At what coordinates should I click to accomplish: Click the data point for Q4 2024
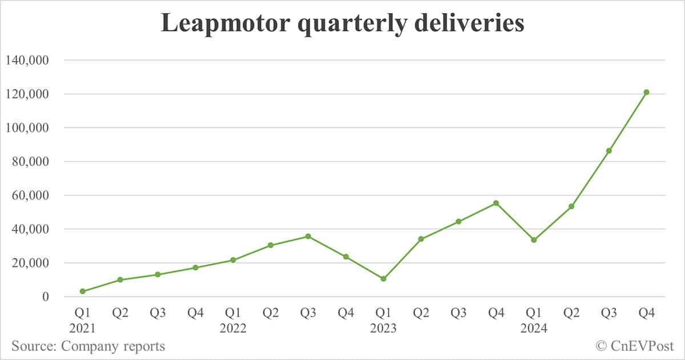[646, 92]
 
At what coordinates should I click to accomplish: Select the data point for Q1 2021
[83, 292]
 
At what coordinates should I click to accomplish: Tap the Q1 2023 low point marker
[384, 279]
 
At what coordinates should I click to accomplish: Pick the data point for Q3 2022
[308, 236]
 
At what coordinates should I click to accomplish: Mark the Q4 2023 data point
[496, 203]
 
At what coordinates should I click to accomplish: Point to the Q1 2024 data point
[534, 240]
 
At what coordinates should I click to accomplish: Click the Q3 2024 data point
[609, 151]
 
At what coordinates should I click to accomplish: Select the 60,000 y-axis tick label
[33, 196]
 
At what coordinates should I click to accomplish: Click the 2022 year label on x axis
[233, 329]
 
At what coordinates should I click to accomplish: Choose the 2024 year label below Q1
[534, 329]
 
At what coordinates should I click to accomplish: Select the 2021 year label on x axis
[83, 329]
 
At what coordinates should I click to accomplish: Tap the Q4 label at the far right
[646, 313]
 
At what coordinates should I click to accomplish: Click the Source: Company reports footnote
[88, 346]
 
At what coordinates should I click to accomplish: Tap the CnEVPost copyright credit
[635, 346]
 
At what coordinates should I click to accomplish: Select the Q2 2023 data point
[421, 239]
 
